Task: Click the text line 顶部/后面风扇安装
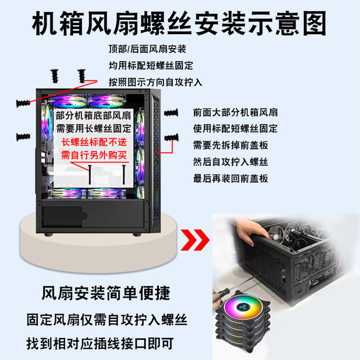147,49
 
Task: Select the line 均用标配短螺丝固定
151,65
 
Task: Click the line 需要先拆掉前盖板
230,145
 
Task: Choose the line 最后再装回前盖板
230,178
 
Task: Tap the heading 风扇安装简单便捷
106,294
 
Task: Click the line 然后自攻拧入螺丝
230,162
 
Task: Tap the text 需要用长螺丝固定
93,128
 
